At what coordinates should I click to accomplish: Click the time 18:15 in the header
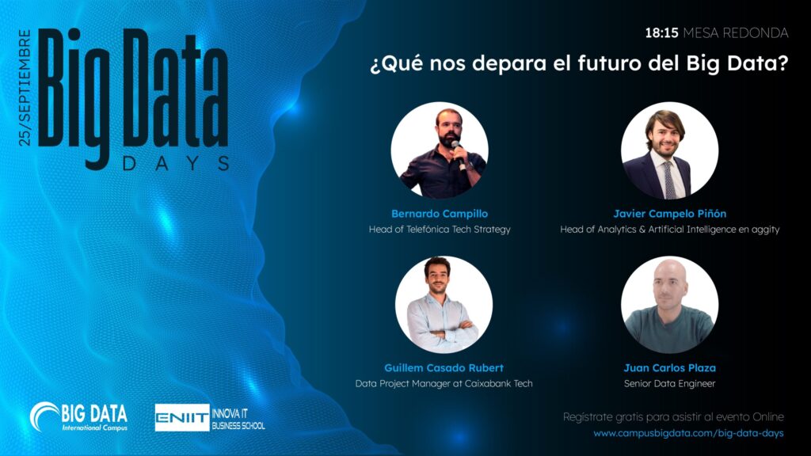[x=662, y=33]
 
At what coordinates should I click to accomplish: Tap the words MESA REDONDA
[x=736, y=33]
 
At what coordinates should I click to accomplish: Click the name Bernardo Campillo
[x=440, y=214]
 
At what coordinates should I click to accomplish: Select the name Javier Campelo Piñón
[x=669, y=214]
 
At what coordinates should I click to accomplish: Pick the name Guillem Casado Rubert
[x=444, y=368]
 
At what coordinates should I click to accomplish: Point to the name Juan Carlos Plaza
[x=669, y=368]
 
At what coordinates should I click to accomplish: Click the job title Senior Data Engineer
[x=669, y=384]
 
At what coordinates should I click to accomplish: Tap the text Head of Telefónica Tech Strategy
[x=440, y=230]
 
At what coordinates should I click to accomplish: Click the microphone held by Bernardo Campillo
[x=457, y=150]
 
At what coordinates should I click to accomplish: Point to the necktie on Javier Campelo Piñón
[x=669, y=179]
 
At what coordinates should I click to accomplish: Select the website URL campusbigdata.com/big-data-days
[x=688, y=434]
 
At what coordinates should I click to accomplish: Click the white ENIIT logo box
[x=182, y=417]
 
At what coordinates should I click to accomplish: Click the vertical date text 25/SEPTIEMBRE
[x=25, y=88]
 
